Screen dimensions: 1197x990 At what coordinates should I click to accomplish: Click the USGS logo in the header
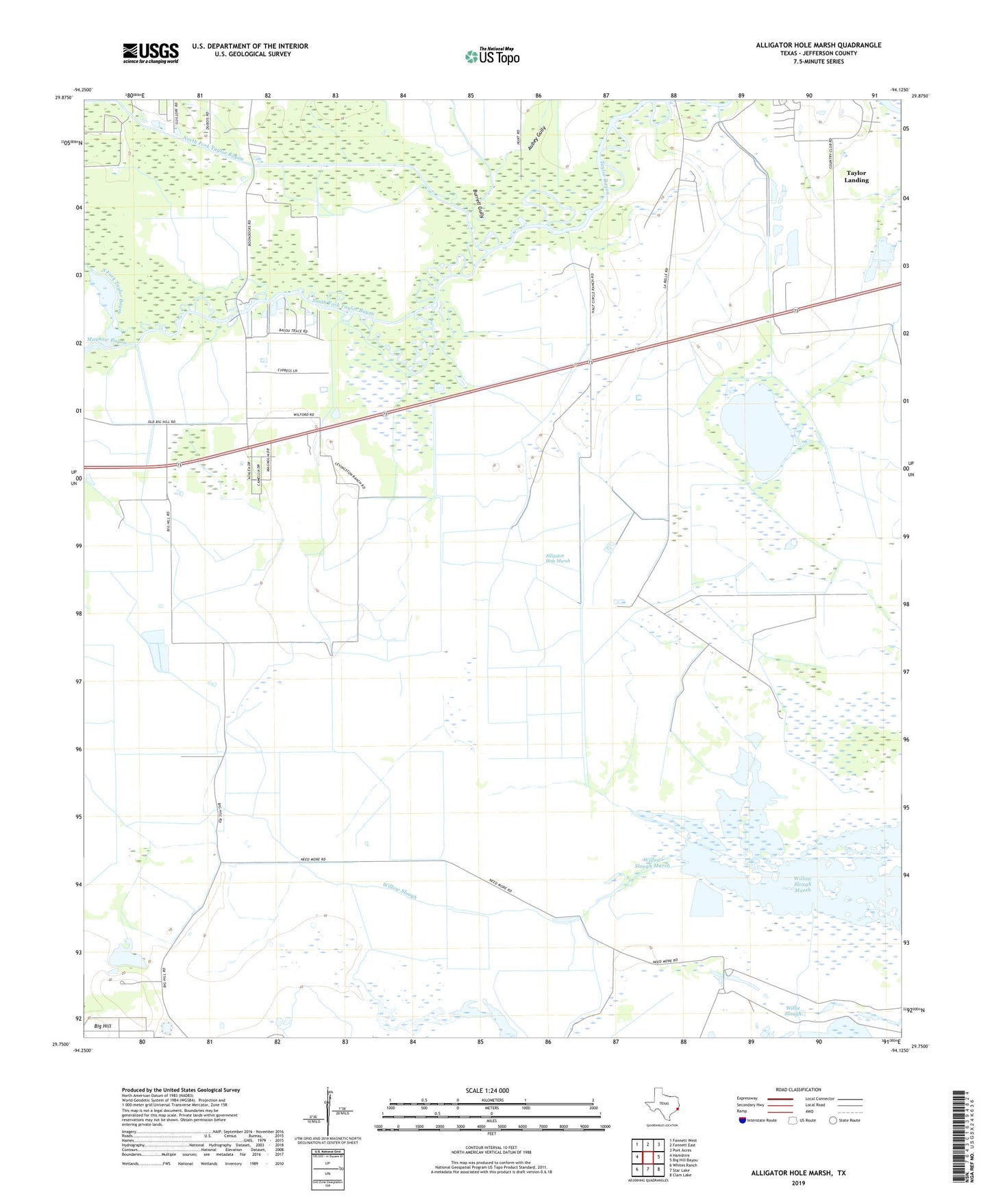151,53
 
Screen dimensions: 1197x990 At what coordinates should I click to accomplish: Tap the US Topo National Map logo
492,56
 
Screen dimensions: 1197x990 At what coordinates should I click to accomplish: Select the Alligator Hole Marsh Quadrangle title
818,45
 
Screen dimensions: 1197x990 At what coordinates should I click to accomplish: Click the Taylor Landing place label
856,177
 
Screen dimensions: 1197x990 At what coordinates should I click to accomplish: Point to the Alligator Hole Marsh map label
557,558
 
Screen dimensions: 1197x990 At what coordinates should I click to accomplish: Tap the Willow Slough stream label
399,891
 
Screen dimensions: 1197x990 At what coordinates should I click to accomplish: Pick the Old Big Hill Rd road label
162,422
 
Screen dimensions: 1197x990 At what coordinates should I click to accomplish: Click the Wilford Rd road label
304,415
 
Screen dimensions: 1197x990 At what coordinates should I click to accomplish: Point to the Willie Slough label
793,1011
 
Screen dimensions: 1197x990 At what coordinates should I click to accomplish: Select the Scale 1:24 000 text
487,1091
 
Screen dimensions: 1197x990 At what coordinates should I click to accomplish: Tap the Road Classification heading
798,1089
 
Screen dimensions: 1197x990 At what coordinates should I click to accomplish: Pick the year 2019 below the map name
798,1183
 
